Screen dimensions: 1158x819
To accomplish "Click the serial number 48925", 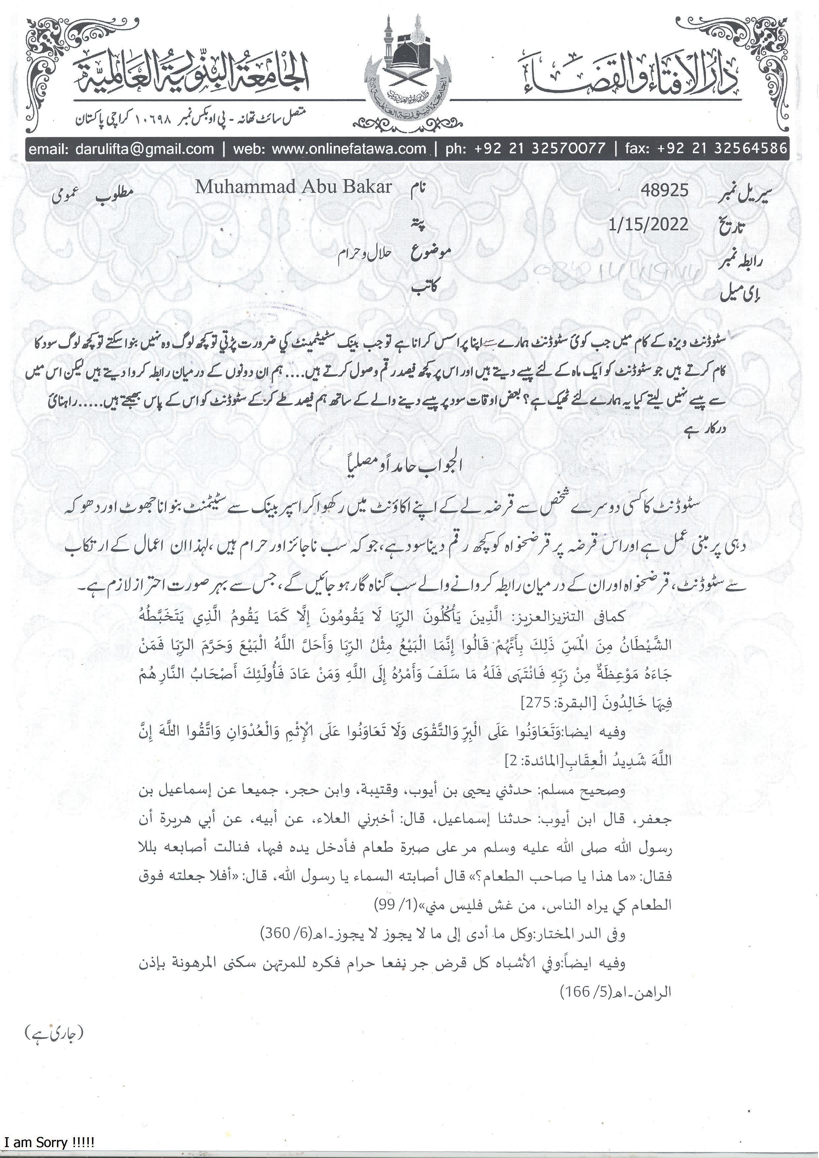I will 664,190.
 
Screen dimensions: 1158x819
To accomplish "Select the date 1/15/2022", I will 648,224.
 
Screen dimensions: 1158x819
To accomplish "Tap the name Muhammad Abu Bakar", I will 294,187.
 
